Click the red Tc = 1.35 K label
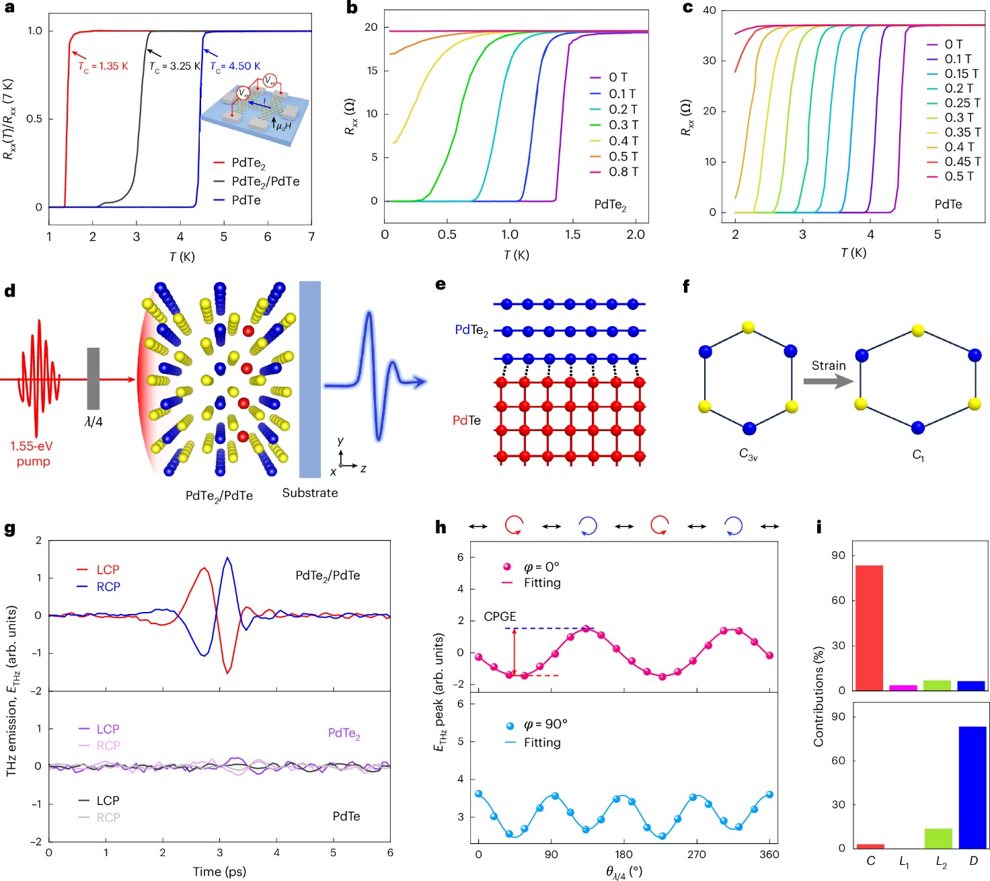click(103, 67)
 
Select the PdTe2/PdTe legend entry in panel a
click(265, 182)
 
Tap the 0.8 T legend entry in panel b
click(623, 172)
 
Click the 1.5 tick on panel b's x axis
click(572, 235)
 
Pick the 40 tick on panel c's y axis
click(710, 10)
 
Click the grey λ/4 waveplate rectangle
click(93, 378)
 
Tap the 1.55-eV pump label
click(32, 454)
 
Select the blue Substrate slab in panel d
click(310, 379)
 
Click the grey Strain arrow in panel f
click(828, 381)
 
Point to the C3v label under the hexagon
click(748, 455)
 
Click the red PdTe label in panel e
click(467, 420)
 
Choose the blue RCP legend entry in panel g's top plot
click(108, 587)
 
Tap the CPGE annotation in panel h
click(500, 617)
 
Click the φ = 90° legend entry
click(545, 724)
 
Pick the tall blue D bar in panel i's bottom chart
click(973, 787)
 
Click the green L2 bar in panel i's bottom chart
click(938, 838)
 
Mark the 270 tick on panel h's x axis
click(696, 855)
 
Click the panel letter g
click(10, 529)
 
